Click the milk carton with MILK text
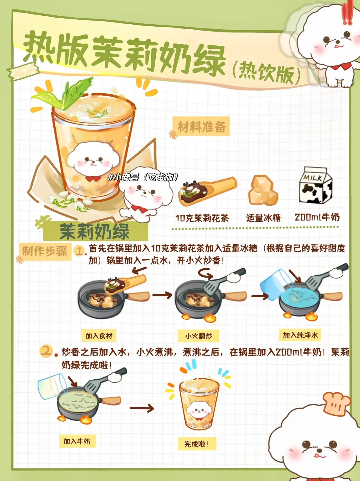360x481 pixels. coord(316,185)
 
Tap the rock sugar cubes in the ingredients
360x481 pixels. coord(263,190)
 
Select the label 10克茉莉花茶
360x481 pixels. coord(202,218)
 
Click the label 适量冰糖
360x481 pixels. coord(263,218)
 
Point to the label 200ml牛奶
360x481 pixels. coord(317,217)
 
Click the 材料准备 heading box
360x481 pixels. coord(201,126)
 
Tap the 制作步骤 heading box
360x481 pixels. coord(45,251)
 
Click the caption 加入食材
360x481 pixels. coord(99,335)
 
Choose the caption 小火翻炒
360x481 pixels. coord(199,336)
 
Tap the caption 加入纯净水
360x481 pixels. coord(300,335)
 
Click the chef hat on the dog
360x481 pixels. coord(337,404)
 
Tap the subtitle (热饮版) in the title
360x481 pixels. coord(266,72)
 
